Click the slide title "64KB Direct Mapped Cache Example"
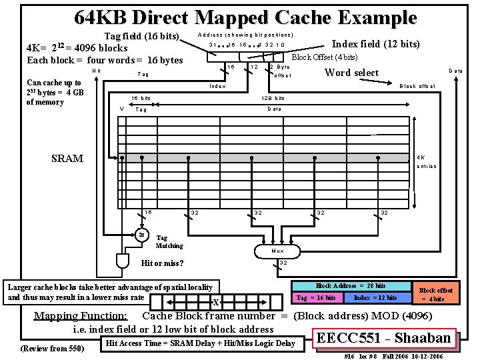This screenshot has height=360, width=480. tap(245, 17)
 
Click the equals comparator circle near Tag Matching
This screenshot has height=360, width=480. tap(141, 234)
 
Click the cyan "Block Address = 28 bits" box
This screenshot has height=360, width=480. tap(350, 286)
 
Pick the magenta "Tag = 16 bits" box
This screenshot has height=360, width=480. tap(316, 297)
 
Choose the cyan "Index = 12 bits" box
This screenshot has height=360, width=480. tap(375, 297)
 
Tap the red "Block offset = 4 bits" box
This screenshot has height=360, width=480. tap(436, 294)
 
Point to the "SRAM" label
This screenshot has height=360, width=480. tap(67, 159)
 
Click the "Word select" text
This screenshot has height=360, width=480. tap(351, 73)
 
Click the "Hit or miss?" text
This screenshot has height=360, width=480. tap(163, 263)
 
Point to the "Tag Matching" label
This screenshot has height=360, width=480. tap(169, 241)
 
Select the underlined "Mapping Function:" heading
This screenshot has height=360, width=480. tap(80, 315)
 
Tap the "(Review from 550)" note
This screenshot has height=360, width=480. tap(53, 348)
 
